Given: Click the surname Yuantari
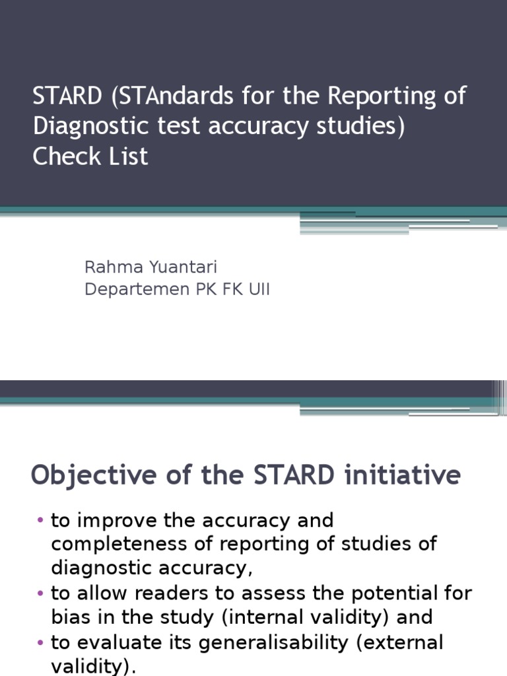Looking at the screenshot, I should [x=182, y=267].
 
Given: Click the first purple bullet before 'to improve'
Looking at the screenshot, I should [x=40, y=521].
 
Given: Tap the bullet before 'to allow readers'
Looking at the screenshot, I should [x=40, y=593].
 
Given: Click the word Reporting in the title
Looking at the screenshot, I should [x=383, y=96].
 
